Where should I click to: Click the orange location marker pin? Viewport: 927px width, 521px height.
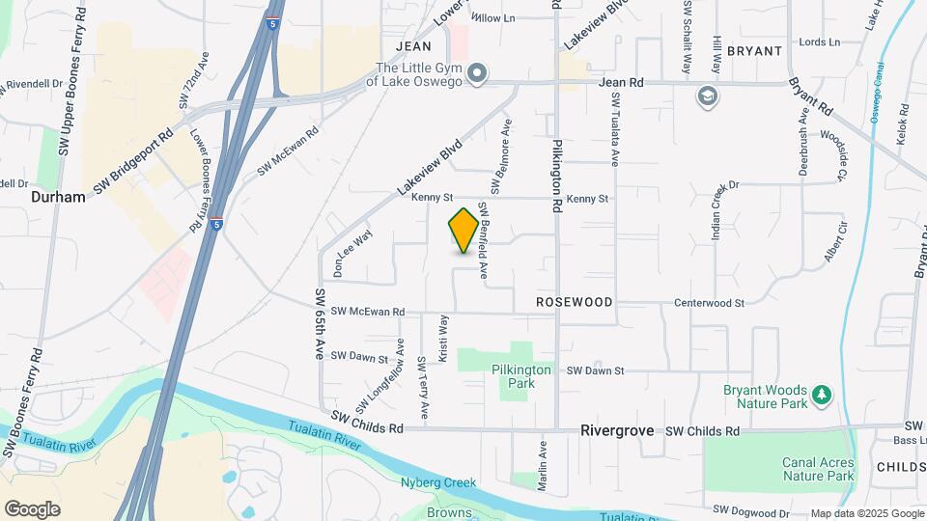tap(463, 231)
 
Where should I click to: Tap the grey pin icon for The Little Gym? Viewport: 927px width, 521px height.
tap(477, 73)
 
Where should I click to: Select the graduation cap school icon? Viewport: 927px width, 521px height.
tap(708, 96)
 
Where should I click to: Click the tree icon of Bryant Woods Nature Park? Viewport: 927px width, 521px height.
tap(822, 394)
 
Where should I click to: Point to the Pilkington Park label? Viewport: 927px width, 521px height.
tap(521, 376)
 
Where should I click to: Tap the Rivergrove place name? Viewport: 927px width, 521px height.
tap(617, 430)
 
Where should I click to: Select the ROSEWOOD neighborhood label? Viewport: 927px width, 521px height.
tap(575, 302)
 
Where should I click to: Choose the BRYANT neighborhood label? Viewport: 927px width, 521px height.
tap(754, 51)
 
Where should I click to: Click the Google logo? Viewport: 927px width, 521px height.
tap(32, 509)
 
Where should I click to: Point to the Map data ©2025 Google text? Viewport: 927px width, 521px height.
tap(866, 513)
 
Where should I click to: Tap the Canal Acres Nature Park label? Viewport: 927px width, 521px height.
tap(818, 470)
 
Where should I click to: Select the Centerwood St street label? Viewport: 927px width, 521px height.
tap(710, 303)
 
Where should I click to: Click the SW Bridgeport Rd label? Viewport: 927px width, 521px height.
tap(132, 161)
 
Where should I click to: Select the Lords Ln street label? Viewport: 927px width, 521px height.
tap(820, 42)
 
